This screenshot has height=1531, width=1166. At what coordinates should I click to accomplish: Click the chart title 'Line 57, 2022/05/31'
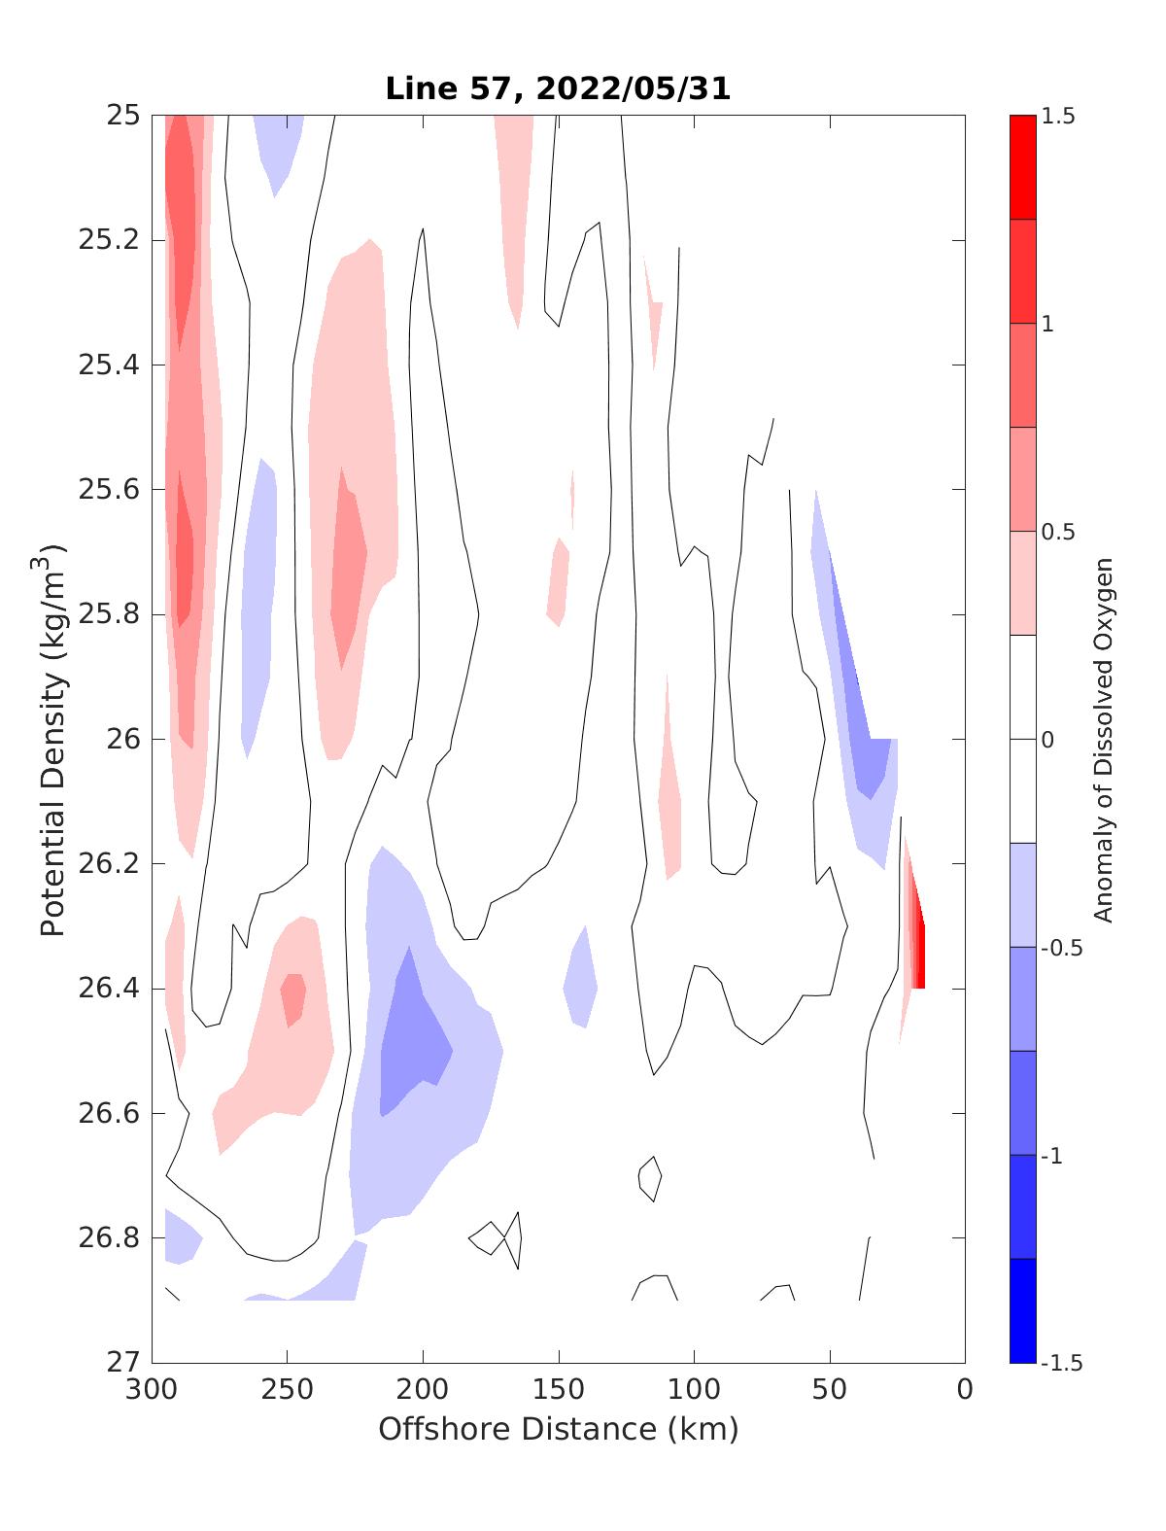558,89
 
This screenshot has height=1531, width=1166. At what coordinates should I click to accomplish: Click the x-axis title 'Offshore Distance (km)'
558,1429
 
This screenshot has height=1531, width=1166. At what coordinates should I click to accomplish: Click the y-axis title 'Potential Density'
53,739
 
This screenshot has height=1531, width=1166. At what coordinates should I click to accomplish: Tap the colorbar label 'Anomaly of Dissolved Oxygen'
1103,739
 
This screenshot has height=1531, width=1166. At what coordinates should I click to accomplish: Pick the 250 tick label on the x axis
288,1390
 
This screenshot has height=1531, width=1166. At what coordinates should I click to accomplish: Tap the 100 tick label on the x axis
694,1390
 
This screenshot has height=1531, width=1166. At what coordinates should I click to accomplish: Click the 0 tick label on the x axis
965,1390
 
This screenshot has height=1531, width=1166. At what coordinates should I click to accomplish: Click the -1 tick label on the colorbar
1051,1156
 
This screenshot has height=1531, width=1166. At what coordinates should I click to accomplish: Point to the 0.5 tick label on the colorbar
1057,532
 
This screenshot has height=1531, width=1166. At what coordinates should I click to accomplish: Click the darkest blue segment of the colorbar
1022,1310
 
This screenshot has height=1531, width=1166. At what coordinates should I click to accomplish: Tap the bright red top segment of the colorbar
1022,167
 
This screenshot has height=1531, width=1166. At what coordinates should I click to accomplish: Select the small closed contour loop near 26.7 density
650,1178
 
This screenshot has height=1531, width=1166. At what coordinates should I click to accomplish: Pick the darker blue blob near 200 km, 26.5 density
413,1050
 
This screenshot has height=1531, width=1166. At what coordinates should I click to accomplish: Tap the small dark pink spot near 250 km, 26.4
293,996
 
